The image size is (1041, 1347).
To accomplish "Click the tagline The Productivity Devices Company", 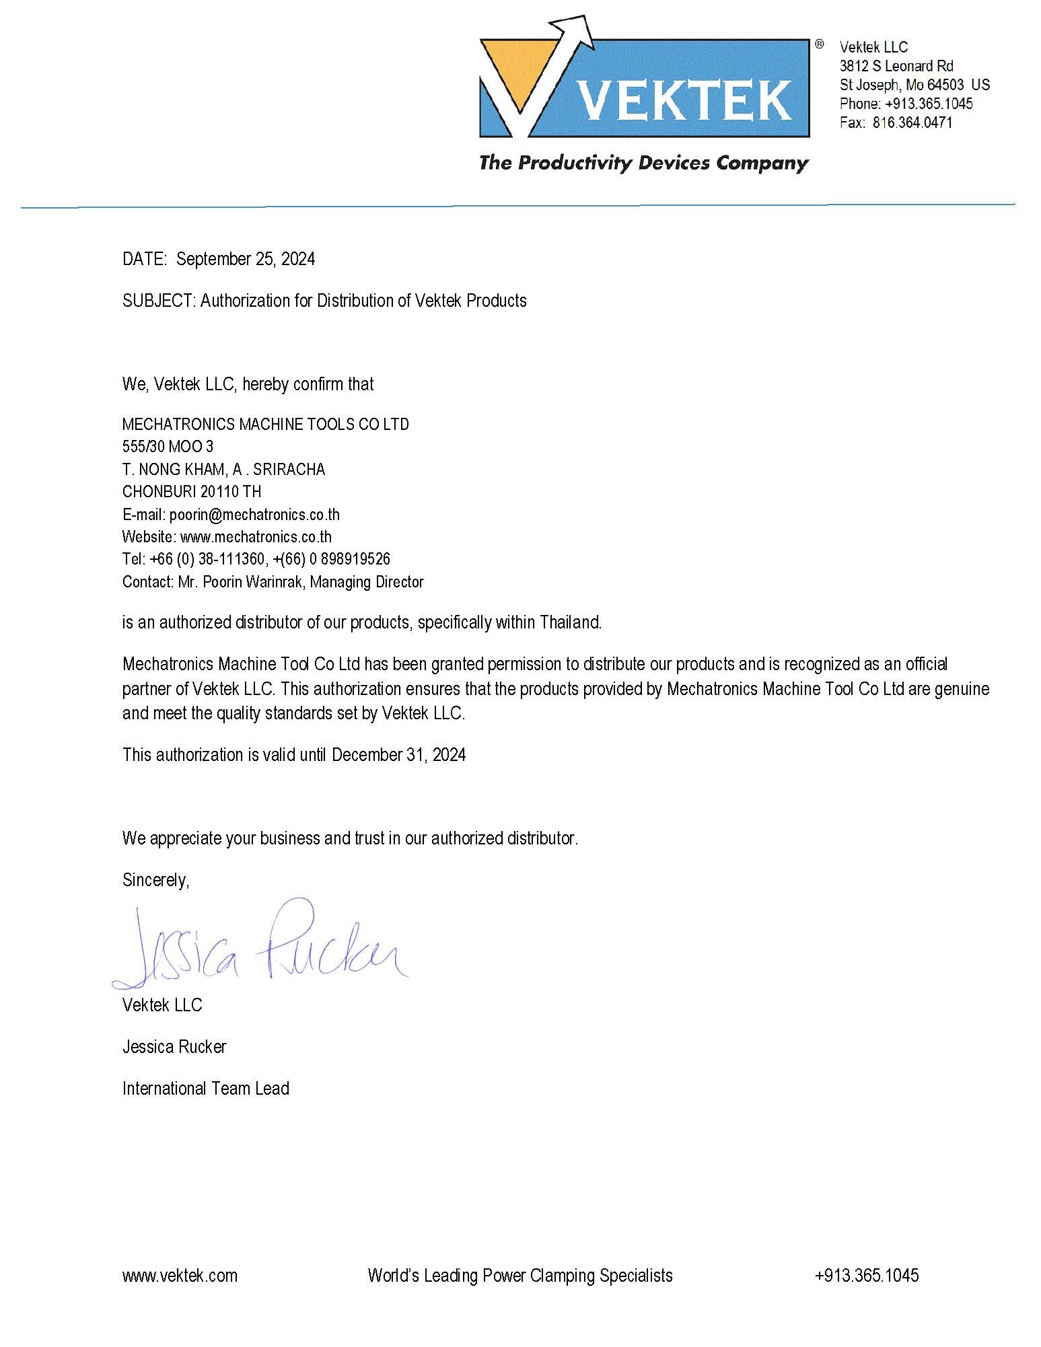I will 643,163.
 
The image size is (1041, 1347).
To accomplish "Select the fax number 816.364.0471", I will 912,122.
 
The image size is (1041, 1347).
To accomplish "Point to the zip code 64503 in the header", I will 945,85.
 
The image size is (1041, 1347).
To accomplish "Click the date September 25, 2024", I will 246,259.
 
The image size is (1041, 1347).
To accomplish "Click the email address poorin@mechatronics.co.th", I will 254,515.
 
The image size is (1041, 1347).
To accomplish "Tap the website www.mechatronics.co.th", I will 256,537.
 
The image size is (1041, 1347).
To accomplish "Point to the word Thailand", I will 570,622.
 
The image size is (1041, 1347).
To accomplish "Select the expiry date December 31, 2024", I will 398,755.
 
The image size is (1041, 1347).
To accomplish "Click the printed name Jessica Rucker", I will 174,1047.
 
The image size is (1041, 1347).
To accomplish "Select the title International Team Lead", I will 206,1089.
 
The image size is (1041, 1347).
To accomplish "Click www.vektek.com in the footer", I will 180,1276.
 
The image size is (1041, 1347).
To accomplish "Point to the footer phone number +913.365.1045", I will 867,1276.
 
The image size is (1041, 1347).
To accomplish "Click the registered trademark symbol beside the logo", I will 819,44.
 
